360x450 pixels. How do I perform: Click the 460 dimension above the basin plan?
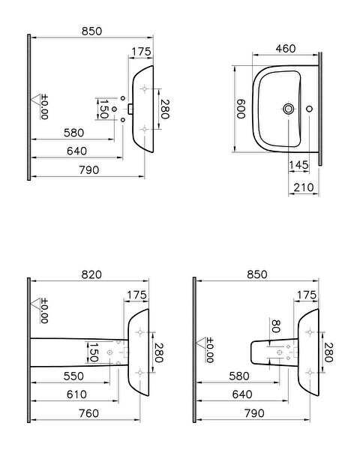coord(285,49)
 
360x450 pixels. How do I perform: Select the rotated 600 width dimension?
coord(241,109)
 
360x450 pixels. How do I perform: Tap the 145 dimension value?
coord(298,165)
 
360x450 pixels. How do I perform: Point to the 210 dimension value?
coord(304,187)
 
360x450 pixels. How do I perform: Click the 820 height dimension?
coord(91,274)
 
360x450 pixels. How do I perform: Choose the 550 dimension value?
coord(73,376)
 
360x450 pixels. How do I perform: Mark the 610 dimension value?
coord(76,394)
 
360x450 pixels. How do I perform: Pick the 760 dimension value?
coord(89,413)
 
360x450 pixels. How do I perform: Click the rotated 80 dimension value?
coord(275,326)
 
